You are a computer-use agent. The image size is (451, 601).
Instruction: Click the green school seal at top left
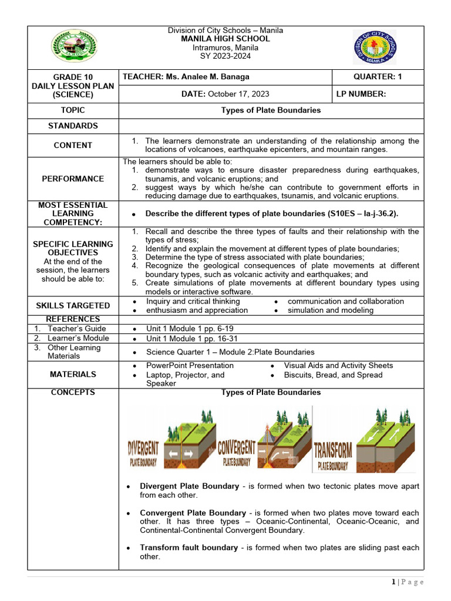click(x=74, y=48)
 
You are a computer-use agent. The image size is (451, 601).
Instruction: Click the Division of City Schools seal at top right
click(x=375, y=48)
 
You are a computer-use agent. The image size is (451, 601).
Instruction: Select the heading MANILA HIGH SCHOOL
click(x=225, y=39)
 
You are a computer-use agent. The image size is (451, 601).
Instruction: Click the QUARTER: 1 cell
click(x=378, y=77)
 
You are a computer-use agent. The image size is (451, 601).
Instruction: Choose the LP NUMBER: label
click(x=361, y=94)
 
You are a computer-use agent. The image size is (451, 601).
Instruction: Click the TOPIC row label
click(x=73, y=110)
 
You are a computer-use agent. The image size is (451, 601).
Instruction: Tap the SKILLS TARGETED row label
click(x=73, y=306)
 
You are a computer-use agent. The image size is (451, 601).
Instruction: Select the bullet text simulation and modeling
click(x=330, y=310)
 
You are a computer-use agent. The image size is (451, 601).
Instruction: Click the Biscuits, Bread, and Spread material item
click(x=333, y=375)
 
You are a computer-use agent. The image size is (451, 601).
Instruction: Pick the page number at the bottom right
click(x=407, y=582)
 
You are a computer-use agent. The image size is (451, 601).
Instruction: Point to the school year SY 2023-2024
click(x=225, y=56)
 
